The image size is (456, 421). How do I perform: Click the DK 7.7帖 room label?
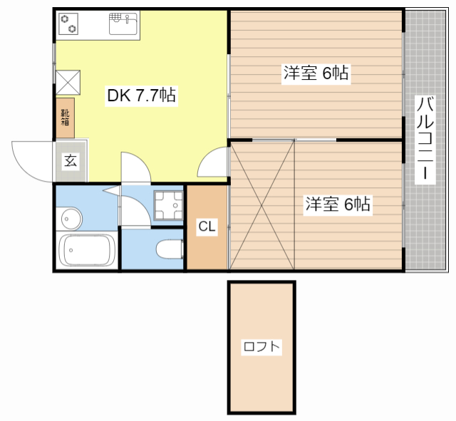pos(141,95)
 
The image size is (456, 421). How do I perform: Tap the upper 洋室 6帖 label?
pos(316,73)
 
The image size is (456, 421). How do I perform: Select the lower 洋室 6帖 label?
pos(338,204)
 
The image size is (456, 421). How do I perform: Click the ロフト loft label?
pos(261,348)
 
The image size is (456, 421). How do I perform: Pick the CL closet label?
pos(207,227)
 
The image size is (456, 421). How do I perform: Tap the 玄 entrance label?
pos(71,160)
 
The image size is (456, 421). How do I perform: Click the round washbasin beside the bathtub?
pos(69,217)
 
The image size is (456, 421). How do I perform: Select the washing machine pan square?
pos(169,206)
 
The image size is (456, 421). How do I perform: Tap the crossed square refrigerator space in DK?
pos(68,80)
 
